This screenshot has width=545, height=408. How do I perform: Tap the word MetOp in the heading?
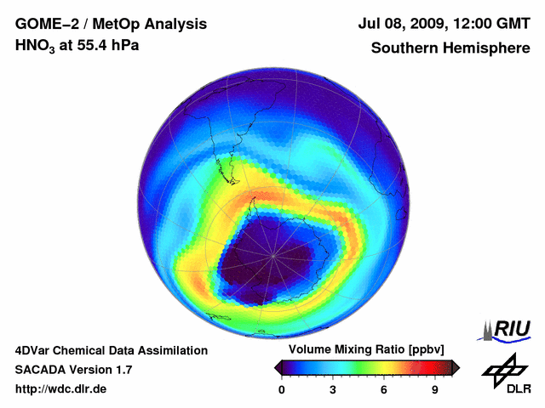(114, 24)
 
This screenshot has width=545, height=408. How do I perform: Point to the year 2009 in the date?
(431, 24)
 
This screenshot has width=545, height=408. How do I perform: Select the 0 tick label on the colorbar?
(282, 389)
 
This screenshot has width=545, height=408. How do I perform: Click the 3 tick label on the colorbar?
(333, 389)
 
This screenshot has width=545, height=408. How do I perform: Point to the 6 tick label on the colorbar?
(384, 389)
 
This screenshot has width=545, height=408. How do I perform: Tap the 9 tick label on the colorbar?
(434, 389)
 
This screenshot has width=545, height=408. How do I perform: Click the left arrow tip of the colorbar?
(277, 367)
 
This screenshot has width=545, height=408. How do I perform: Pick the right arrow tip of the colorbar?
(457, 367)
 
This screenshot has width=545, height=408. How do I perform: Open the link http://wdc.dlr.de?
(61, 389)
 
